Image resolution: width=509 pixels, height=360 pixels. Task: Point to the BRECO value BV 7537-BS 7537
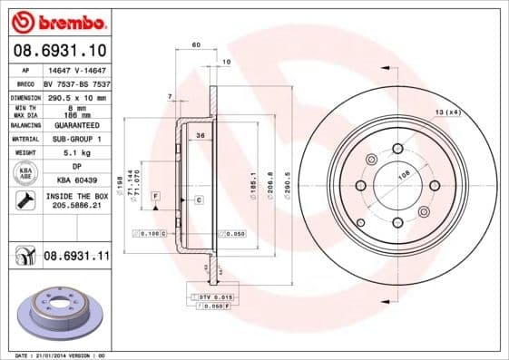pyautogui.click(x=74, y=83)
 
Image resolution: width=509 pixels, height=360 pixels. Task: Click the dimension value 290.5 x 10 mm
pyautogui.click(x=76, y=96)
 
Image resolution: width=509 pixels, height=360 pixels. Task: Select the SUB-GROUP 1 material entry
pyautogui.click(x=74, y=139)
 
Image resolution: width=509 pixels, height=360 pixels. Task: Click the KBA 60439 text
pyautogui.click(x=74, y=180)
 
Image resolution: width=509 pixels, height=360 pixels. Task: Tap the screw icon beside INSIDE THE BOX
pyautogui.click(x=23, y=200)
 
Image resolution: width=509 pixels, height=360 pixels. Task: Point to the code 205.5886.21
pyautogui.click(x=74, y=207)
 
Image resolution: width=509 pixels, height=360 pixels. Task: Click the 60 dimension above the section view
pyautogui.click(x=195, y=44)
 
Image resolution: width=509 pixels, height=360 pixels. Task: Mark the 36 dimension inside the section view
pyautogui.click(x=201, y=135)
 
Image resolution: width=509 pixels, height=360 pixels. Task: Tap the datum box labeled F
pyautogui.click(x=156, y=196)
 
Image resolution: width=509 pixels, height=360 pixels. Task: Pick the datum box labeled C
pyautogui.click(x=197, y=198)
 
